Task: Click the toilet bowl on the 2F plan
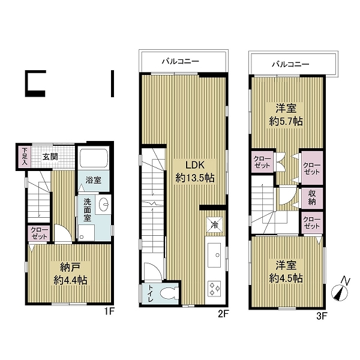tap(169, 293)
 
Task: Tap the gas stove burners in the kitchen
tap(214, 288)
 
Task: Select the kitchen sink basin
tap(214, 254)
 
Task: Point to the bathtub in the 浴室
tap(93, 158)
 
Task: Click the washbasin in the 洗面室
tap(104, 204)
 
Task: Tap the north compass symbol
tap(340, 290)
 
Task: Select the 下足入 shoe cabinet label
tap(25, 157)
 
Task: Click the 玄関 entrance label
tap(50, 157)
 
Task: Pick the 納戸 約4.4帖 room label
tap(70, 274)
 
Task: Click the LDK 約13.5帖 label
tap(195, 171)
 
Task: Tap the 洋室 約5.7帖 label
tap(286, 115)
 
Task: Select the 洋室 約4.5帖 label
tap(286, 271)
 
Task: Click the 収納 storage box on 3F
tap(312, 198)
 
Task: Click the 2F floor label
tap(224, 314)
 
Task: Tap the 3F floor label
tap(322, 316)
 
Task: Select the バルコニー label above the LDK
tap(180, 61)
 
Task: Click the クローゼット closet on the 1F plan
tap(40, 233)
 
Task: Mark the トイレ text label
tap(150, 293)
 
